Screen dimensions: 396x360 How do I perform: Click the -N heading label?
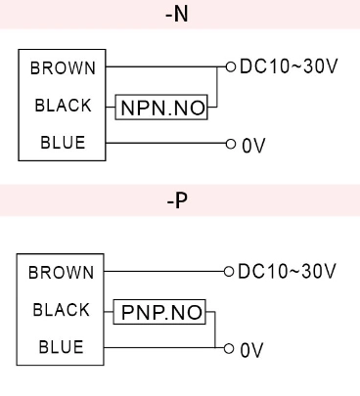point(180,17)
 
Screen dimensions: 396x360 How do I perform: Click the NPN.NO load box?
point(163,108)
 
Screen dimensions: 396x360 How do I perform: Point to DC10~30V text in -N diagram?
point(288,67)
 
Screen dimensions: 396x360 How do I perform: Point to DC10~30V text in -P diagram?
point(288,271)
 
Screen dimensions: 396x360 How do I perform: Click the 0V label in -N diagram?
point(253,145)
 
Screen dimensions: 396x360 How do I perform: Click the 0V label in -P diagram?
point(253,348)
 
